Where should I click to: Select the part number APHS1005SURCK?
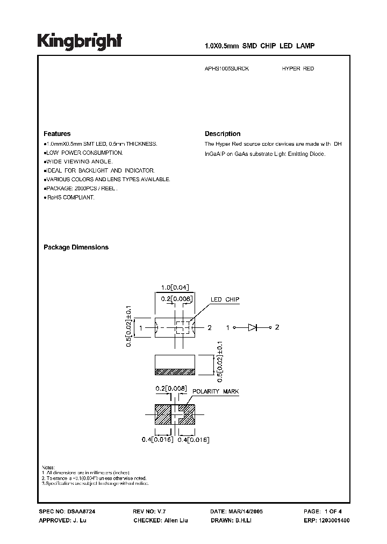tap(227, 69)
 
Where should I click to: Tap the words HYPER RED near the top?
tap(298, 69)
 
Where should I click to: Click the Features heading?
tap(56, 134)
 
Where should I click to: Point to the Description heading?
tap(223, 134)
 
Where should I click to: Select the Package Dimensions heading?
tap(76, 247)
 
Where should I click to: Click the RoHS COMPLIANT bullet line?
tap(70, 197)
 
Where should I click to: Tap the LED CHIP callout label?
tap(225, 299)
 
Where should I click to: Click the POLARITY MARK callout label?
tap(213, 392)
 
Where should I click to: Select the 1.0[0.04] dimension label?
tap(174, 287)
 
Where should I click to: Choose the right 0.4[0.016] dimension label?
tap(193, 440)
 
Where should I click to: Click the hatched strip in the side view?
tap(174, 371)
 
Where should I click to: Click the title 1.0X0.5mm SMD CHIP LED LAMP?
tap(260, 47)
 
